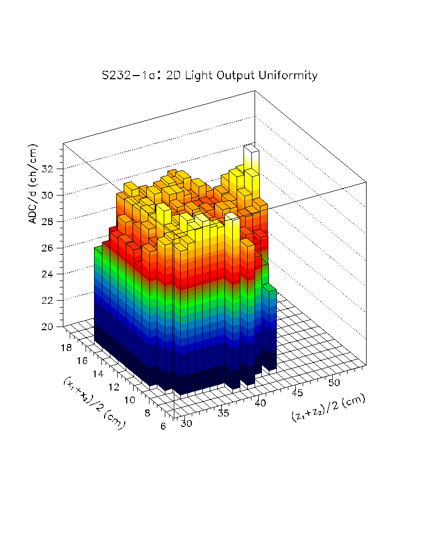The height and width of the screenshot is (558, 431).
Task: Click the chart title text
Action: click(x=210, y=76)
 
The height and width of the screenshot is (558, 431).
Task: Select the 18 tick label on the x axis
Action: click(x=67, y=347)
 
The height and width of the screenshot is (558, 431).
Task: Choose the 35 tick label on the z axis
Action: click(x=223, y=413)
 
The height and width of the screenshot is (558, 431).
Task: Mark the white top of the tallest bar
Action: click(x=251, y=150)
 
